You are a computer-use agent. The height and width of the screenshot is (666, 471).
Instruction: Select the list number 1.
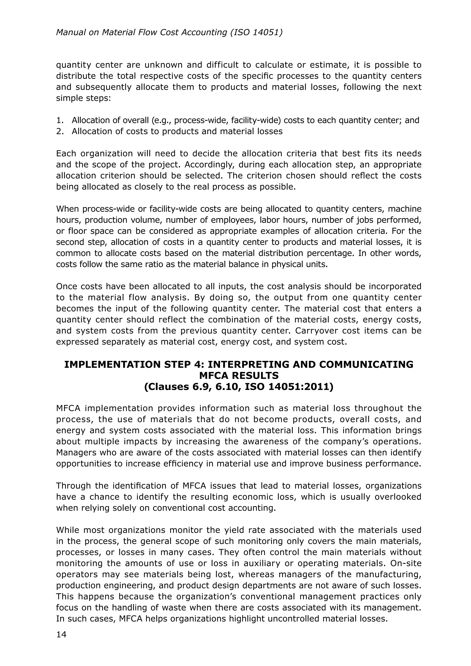tap(60, 120)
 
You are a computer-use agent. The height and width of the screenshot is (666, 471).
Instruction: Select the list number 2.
tap(60, 131)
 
